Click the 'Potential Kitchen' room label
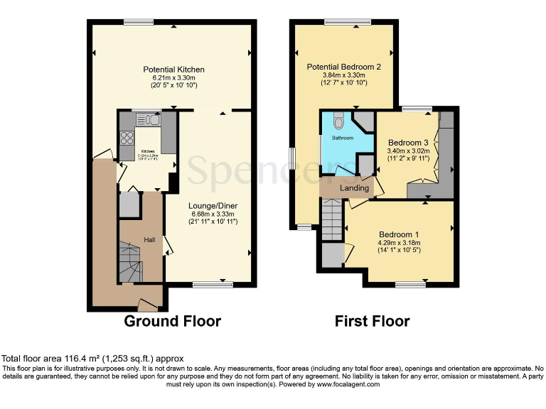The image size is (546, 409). tap(173, 70)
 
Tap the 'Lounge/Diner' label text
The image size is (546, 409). tap(213, 206)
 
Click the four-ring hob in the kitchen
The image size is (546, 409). tap(128, 138)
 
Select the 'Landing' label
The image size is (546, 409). tap(354, 188)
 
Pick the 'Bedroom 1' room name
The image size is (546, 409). tap(399, 235)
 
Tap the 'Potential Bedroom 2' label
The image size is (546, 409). tap(345, 67)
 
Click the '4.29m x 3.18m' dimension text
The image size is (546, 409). tap(399, 243)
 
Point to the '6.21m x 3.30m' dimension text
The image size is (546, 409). tap(173, 77)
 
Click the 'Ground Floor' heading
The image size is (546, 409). tap(172, 322)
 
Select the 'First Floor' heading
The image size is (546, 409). tap(372, 322)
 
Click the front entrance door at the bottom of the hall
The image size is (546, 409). tap(148, 305)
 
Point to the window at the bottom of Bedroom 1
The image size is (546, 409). tap(409, 285)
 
